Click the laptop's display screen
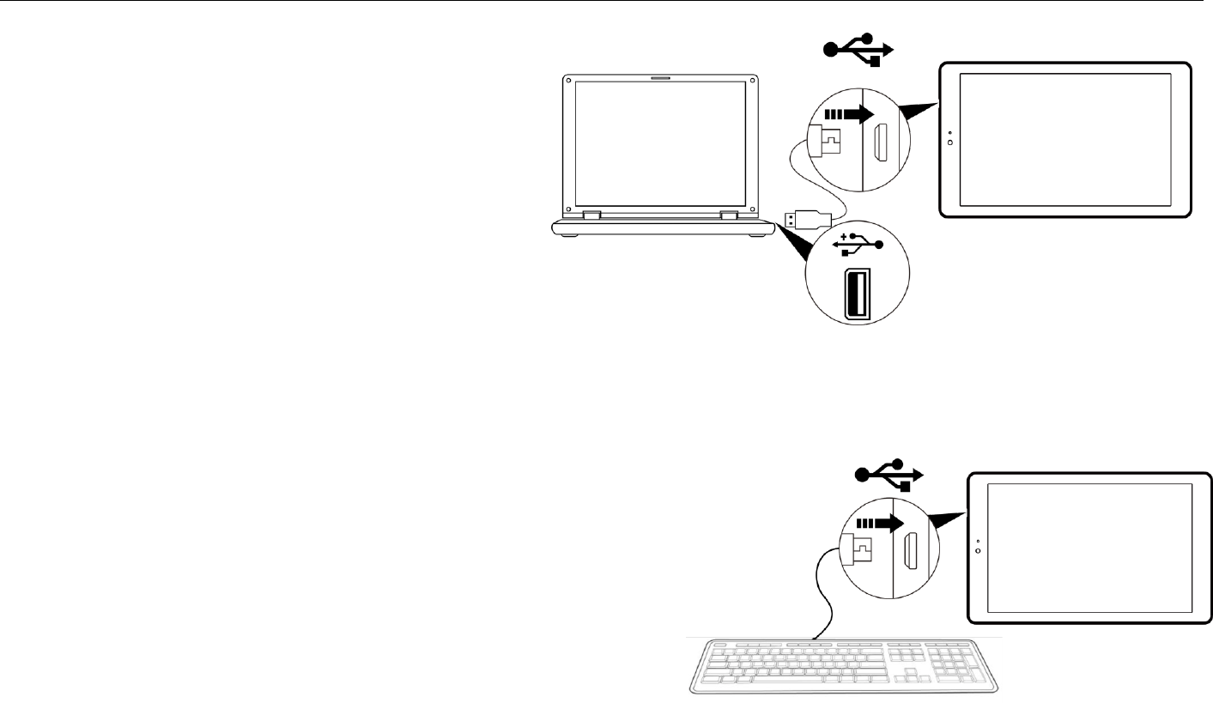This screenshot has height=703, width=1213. pos(659,142)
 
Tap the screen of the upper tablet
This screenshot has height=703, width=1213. pos(1064,139)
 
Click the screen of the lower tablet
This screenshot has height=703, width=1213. pos(1089,547)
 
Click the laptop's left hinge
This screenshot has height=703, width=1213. pos(591,215)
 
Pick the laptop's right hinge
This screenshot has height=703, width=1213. pos(729,215)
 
